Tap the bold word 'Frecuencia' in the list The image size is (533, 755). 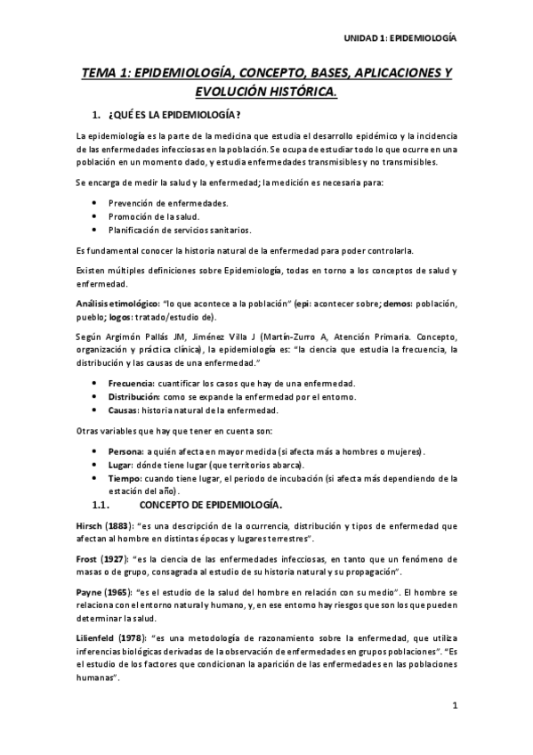coord(131,384)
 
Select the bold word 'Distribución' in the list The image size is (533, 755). coord(134,397)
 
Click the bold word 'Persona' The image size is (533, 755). coord(126,451)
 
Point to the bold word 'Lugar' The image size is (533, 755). coord(121,465)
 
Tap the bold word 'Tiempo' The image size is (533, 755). coord(125,478)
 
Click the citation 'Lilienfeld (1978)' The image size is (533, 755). coord(111,641)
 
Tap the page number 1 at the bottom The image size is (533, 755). coord(454,708)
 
